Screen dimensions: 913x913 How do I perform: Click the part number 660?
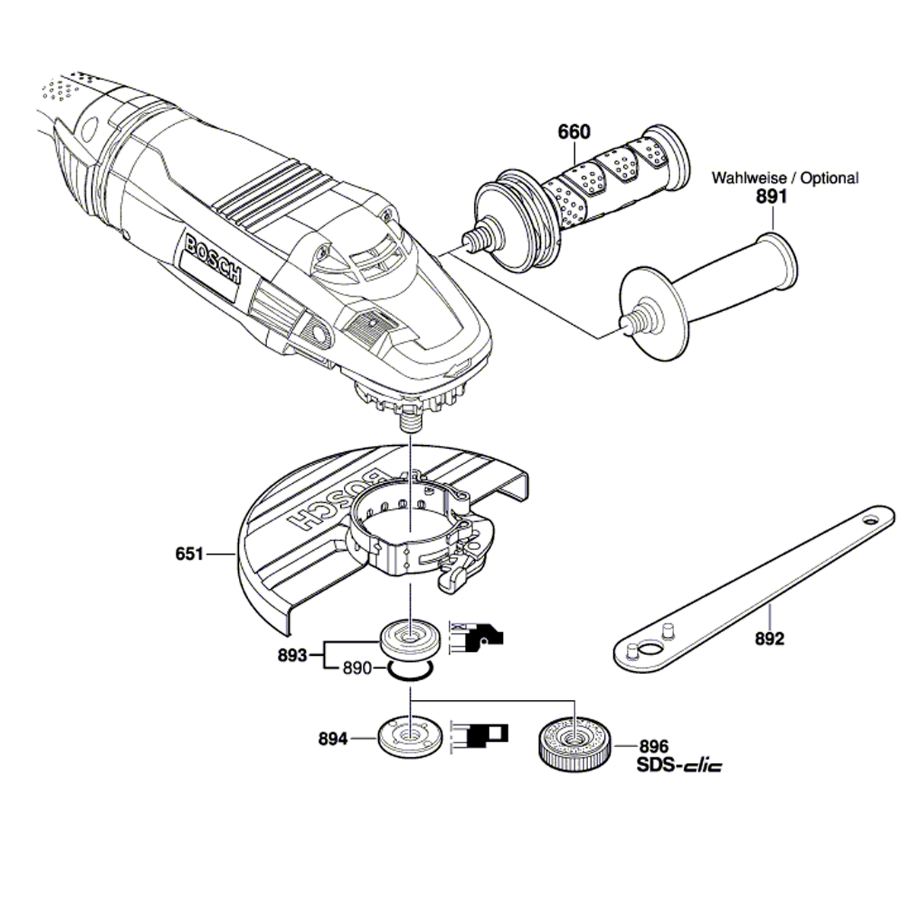point(574,132)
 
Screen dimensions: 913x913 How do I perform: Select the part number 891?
point(771,197)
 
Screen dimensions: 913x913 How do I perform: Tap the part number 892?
point(769,639)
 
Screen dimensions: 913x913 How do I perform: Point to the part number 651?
point(189,555)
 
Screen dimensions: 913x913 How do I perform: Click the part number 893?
point(292,655)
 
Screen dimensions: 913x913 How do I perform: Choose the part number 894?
point(333,739)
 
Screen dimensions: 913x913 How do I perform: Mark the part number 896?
point(654,748)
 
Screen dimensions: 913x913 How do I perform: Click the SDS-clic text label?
point(679,765)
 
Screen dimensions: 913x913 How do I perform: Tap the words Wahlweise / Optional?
point(784,178)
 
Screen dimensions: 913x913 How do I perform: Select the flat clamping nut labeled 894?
point(411,736)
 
